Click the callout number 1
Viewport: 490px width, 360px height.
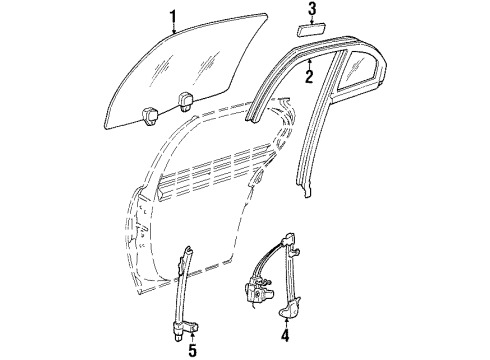(x=172, y=15)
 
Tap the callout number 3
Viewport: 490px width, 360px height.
(x=312, y=11)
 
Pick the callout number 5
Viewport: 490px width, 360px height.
(x=191, y=350)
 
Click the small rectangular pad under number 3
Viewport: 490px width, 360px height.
(x=311, y=33)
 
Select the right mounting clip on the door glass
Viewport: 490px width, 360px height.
(x=185, y=98)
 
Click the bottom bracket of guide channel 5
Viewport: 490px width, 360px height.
(x=189, y=321)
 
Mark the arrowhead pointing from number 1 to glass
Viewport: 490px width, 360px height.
(x=176, y=33)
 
